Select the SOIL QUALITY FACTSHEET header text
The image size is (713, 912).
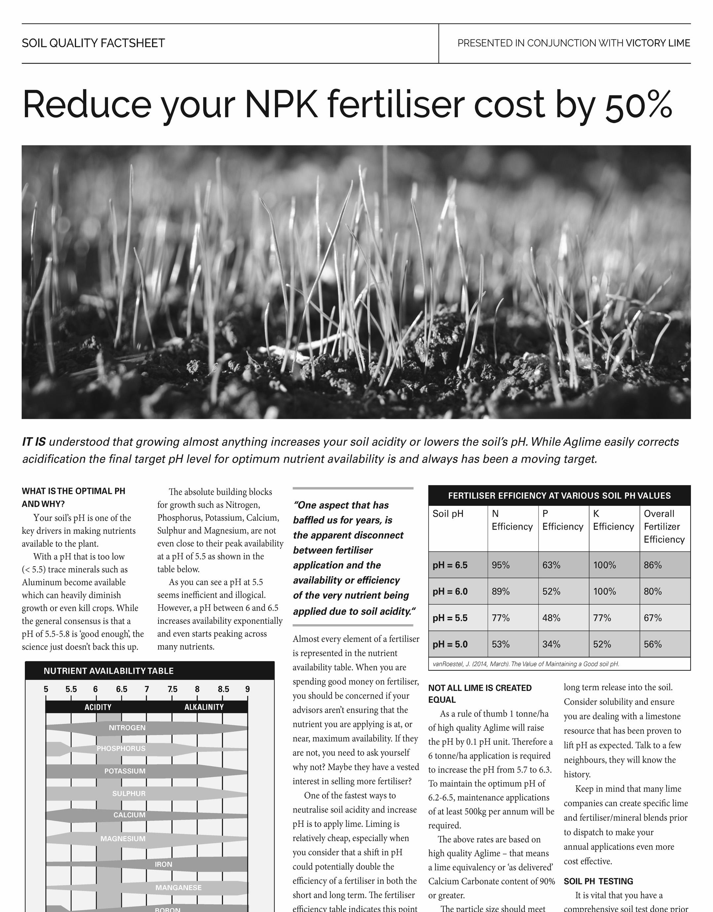pyautogui.click(x=93, y=43)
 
